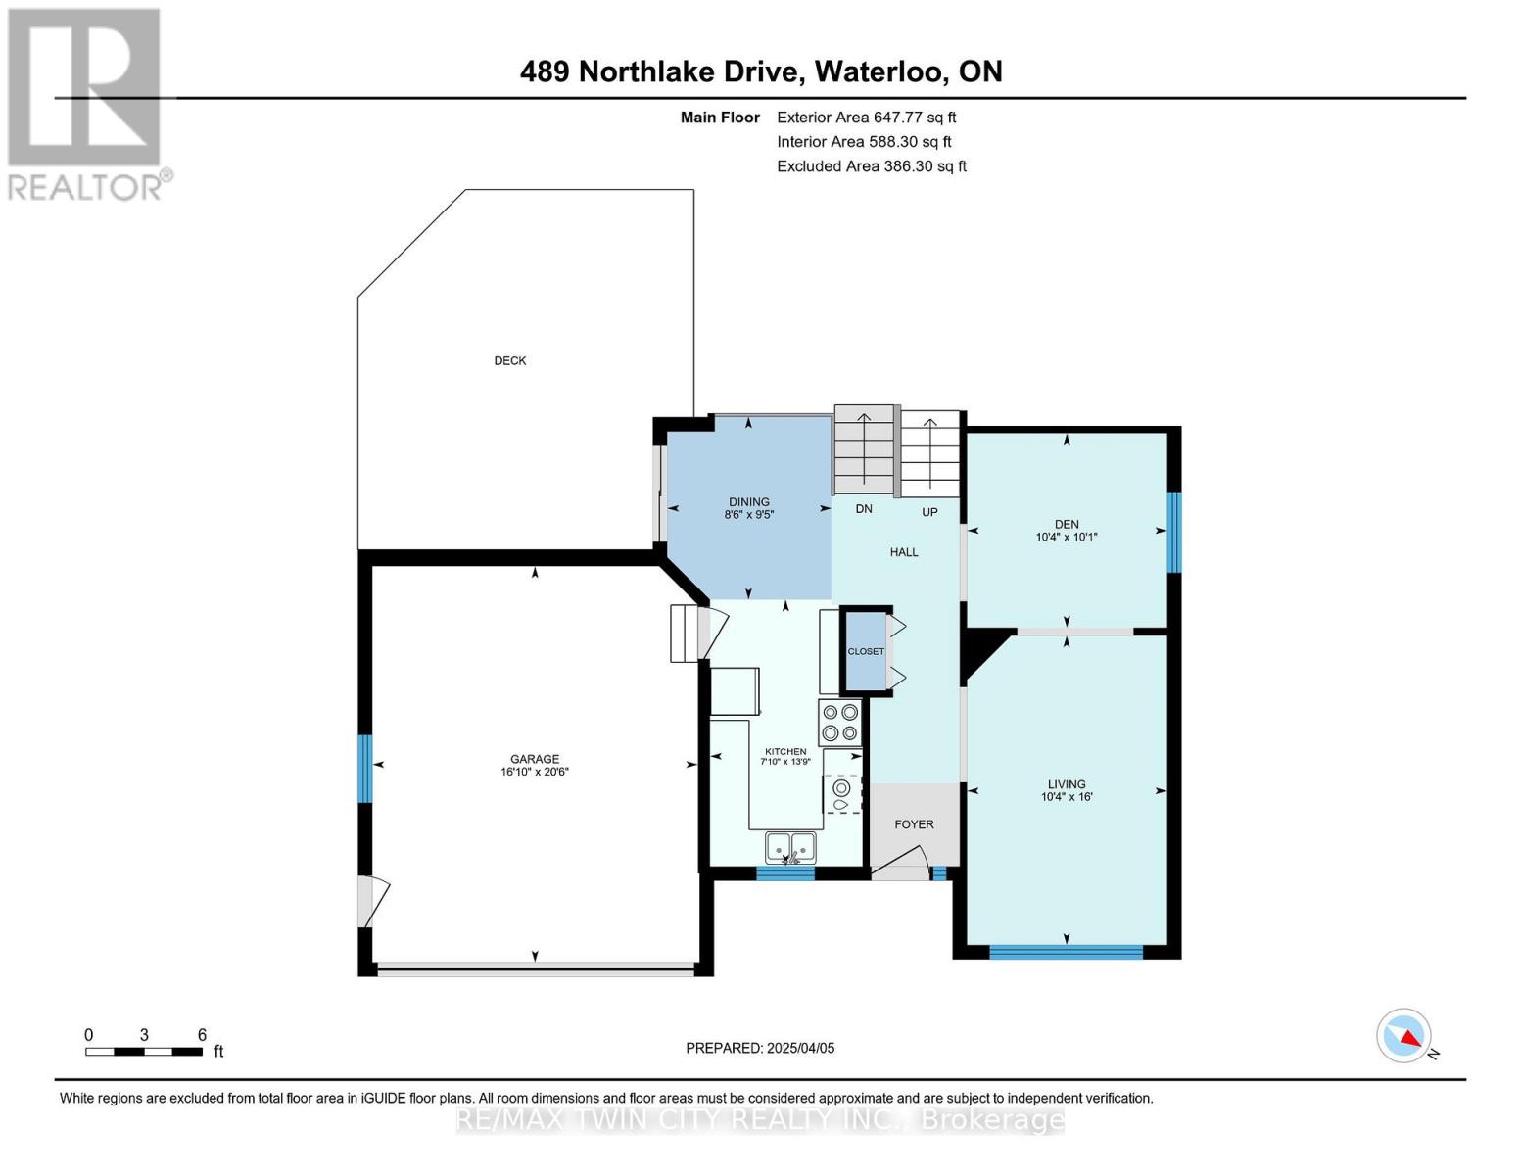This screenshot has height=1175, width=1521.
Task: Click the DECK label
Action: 509,361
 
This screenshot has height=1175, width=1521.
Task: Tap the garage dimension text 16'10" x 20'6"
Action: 534,772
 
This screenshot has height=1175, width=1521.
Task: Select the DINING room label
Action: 748,502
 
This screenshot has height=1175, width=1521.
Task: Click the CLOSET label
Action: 866,651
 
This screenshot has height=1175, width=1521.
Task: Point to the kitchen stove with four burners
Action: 839,723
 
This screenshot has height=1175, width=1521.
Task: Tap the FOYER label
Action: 914,824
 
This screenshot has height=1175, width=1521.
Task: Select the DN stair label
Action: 864,509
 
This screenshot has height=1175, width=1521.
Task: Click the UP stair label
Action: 929,512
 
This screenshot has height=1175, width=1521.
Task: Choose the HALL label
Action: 904,552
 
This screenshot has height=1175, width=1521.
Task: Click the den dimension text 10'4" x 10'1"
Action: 1067,538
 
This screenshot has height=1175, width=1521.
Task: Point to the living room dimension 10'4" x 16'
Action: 1067,797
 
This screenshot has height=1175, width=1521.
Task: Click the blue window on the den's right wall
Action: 1174,532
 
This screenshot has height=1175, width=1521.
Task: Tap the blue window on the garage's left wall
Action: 365,769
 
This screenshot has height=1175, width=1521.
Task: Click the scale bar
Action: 144,1052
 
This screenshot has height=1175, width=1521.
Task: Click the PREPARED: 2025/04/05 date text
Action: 760,1048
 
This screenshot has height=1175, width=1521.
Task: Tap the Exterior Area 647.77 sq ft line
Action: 866,117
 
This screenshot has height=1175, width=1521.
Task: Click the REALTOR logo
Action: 87,103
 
